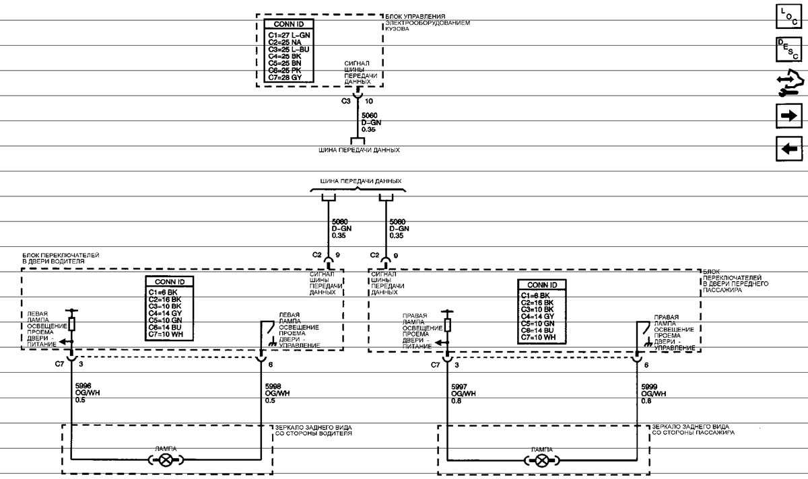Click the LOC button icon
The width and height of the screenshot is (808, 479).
click(x=789, y=16)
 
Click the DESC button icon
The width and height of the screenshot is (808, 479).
click(x=789, y=49)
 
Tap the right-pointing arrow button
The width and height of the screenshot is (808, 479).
click(x=789, y=116)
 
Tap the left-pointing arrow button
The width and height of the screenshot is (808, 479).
click(x=789, y=149)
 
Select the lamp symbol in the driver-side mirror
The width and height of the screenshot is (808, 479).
click(x=166, y=460)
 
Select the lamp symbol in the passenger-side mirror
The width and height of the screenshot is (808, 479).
click(x=542, y=461)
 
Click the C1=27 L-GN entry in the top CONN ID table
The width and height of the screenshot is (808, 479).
click(x=289, y=36)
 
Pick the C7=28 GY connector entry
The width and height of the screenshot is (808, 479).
click(x=285, y=77)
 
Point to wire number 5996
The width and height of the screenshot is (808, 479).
click(x=83, y=386)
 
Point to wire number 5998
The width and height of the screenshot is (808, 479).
click(x=273, y=386)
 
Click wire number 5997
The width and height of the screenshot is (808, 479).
click(x=459, y=387)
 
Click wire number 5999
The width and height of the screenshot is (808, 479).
click(x=649, y=387)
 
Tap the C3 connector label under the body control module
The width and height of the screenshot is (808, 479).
click(x=346, y=101)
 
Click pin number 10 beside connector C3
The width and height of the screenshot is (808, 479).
click(x=369, y=102)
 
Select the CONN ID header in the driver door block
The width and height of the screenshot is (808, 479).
click(x=170, y=282)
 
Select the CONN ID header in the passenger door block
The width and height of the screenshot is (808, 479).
click(x=542, y=285)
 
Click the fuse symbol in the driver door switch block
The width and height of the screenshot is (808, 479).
click(x=71, y=324)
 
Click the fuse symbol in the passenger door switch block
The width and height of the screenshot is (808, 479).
click(x=447, y=325)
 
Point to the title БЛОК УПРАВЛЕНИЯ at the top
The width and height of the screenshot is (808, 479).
click(x=415, y=17)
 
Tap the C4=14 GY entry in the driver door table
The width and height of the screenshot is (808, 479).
click(x=165, y=314)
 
